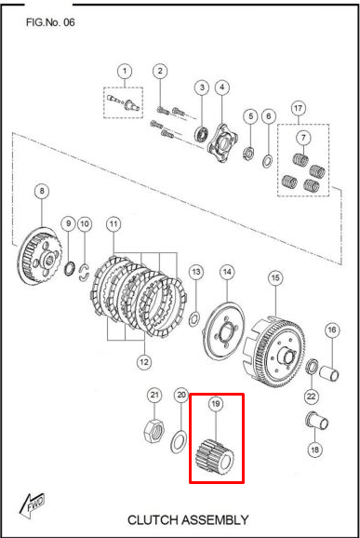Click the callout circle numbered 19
click(215, 404)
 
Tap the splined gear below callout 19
click(215, 457)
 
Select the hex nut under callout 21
click(153, 430)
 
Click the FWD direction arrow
click(32, 505)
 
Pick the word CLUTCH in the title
click(152, 519)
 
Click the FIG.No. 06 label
click(50, 22)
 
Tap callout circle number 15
click(275, 277)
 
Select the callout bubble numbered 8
click(42, 191)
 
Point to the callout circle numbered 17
click(299, 108)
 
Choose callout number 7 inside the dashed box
click(303, 138)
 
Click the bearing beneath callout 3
click(202, 134)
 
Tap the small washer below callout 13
click(194, 318)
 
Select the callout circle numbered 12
click(143, 362)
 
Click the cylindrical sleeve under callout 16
click(330, 373)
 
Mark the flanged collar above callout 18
click(317, 421)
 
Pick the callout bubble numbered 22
click(311, 397)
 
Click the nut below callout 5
click(249, 153)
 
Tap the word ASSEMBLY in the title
click(215, 519)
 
